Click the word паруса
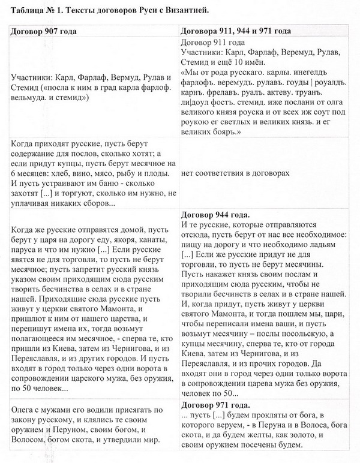coord(27,246)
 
